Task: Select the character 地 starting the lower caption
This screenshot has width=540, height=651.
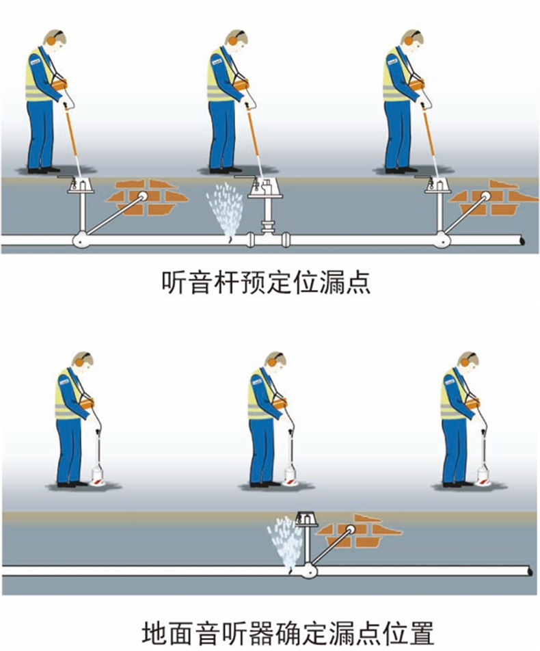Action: click(154, 631)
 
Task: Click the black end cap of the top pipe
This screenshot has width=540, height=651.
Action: click(522, 241)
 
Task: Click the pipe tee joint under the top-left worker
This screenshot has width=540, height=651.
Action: click(81, 240)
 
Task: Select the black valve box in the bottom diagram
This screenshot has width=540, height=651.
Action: click(306, 520)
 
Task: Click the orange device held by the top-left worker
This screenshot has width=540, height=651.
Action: click(60, 85)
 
